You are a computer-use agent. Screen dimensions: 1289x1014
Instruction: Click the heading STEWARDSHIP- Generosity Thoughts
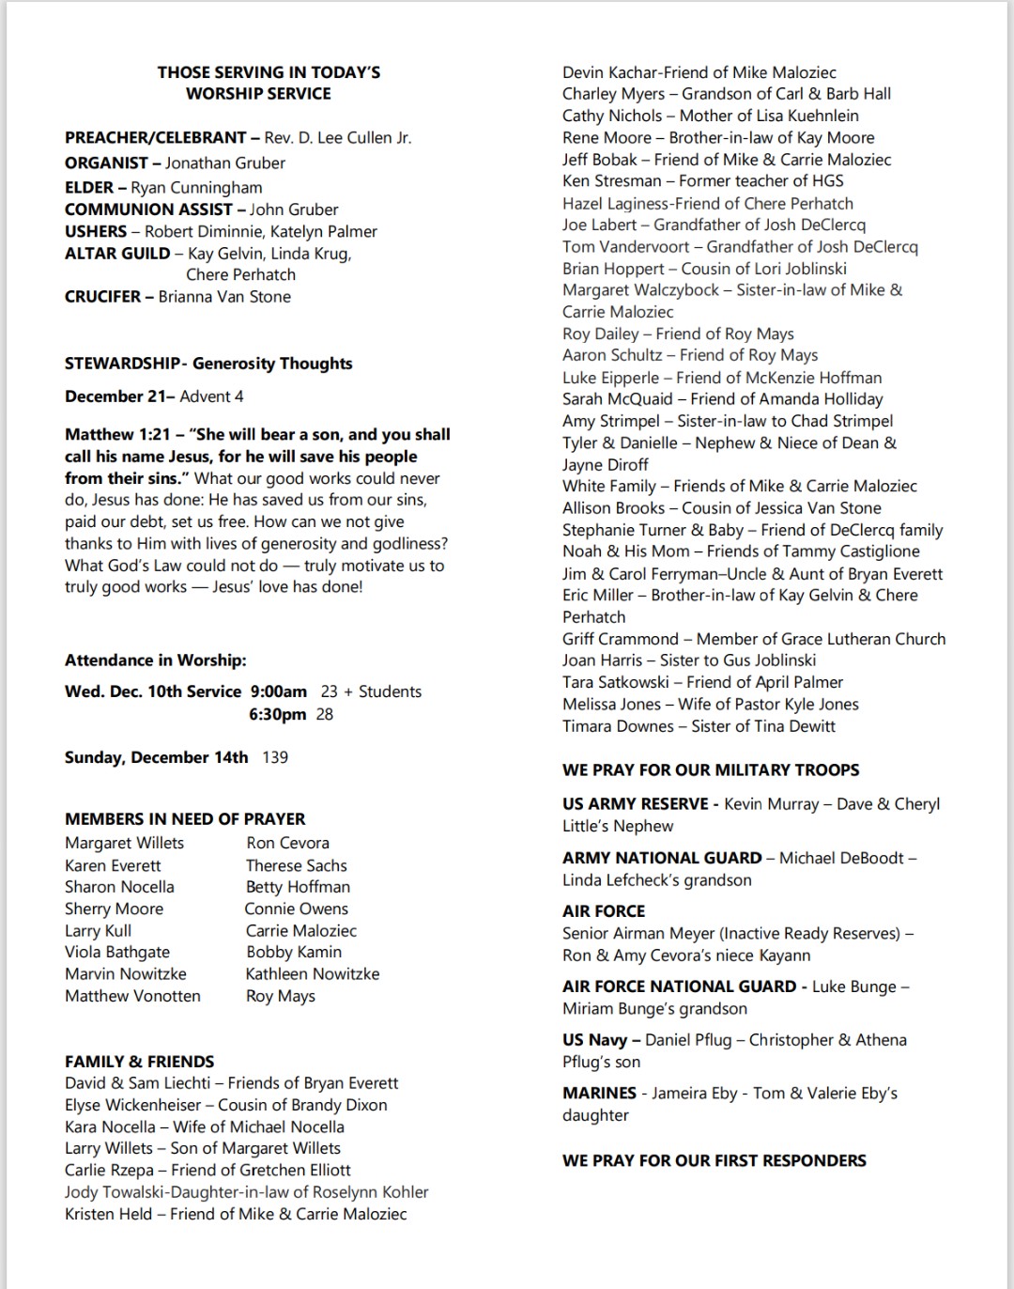click(208, 364)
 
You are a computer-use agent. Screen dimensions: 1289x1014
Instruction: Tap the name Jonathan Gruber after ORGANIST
click(225, 163)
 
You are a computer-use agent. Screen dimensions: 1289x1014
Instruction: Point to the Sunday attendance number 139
click(275, 757)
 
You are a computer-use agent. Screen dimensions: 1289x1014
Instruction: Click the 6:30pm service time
click(278, 714)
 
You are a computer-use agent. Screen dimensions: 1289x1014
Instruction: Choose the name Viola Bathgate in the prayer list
click(117, 953)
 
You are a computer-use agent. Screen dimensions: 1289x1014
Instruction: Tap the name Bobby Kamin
click(294, 953)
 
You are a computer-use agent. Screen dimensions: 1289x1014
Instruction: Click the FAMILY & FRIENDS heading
click(139, 1062)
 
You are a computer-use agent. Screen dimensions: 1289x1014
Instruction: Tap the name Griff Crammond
click(620, 639)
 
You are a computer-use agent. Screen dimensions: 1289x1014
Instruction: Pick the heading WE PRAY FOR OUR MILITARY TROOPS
click(711, 770)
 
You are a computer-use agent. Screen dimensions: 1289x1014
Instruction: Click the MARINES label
click(599, 1094)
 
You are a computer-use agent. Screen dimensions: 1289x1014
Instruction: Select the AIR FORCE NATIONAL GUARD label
click(679, 986)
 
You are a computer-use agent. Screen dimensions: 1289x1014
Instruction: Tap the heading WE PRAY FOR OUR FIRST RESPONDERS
click(714, 1161)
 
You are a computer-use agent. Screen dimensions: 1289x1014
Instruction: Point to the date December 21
click(116, 396)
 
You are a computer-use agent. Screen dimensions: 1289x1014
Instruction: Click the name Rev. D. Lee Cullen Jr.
click(337, 138)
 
